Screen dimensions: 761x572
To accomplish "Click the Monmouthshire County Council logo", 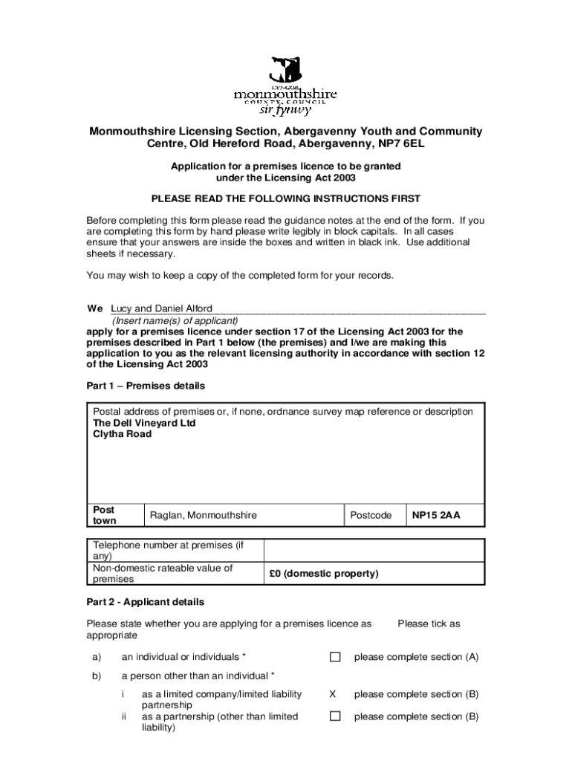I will pyautogui.click(x=286, y=86).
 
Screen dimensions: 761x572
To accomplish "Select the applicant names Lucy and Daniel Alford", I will pyautogui.click(x=161, y=308).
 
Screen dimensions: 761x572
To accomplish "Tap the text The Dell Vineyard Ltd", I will pyautogui.click(x=144, y=423).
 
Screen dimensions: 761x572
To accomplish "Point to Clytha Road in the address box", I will pyautogui.click(x=122, y=434).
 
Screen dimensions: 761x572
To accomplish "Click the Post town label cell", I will pyautogui.click(x=115, y=515).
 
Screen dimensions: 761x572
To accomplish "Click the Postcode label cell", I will pyautogui.click(x=371, y=515).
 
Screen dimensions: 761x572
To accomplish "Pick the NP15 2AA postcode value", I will pyautogui.click(x=437, y=515).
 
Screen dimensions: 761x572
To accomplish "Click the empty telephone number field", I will pyautogui.click(x=374, y=551).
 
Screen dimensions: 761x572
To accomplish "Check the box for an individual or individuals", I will pyautogui.click(x=335, y=657).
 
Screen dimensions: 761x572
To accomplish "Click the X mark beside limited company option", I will pyautogui.click(x=333, y=694).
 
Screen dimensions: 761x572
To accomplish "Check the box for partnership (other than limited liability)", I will pyautogui.click(x=335, y=716).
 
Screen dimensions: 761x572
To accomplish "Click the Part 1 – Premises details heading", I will pyautogui.click(x=146, y=386).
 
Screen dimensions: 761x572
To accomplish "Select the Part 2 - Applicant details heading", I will pyautogui.click(x=146, y=602).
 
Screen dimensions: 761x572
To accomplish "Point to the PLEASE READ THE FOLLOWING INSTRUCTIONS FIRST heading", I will pyautogui.click(x=286, y=198).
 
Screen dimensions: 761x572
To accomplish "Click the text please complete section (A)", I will pyautogui.click(x=416, y=657).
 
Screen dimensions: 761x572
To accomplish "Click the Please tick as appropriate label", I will pyautogui.click(x=429, y=624).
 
